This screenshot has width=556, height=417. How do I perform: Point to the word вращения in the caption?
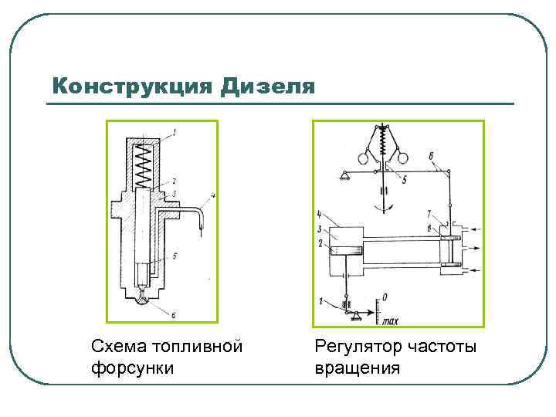(x=358, y=367)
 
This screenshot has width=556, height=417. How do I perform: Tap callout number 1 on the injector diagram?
(x=175, y=132)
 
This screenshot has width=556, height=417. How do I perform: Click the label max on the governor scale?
(x=389, y=320)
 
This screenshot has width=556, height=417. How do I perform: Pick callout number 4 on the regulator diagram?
(x=319, y=214)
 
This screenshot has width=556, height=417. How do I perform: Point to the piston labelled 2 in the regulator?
(x=344, y=250)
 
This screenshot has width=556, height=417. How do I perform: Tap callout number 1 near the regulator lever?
(x=321, y=301)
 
